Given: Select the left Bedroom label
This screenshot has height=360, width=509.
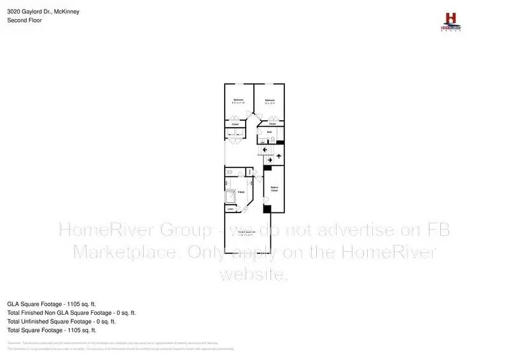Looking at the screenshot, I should click(238, 100).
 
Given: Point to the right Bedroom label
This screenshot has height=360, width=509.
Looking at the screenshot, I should click(270, 100).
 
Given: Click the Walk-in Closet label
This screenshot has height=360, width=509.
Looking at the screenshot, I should click(275, 188).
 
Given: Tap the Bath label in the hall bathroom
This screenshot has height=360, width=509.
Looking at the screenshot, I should click(270, 132).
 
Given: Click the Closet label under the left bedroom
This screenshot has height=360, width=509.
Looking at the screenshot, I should click(235, 123).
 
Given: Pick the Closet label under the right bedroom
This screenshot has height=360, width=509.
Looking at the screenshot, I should click(272, 123).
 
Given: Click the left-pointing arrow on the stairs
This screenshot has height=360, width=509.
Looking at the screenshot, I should click(265, 149).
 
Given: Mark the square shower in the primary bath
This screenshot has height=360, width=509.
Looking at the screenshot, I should click(230, 197).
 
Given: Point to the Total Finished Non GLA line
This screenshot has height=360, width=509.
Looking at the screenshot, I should click(71, 313).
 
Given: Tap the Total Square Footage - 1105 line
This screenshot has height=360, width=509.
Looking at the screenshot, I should click(52, 331).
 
